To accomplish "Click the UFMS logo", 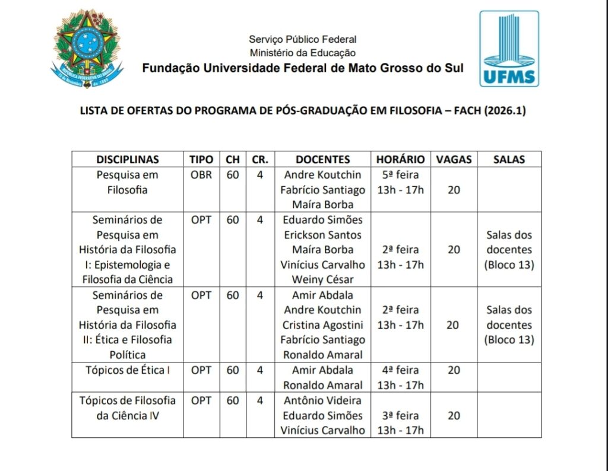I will point(509,49).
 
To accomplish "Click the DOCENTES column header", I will point(322,160).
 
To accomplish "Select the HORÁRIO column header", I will point(400,160).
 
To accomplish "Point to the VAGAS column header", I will point(454,160).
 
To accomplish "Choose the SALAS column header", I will point(509,160).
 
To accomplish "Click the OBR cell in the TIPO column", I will point(201,175).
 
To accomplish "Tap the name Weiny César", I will point(322,279).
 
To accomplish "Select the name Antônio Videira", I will point(322,400).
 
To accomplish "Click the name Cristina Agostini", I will point(322,325).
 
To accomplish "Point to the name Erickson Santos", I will point(322,235).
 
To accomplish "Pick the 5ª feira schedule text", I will point(400,175).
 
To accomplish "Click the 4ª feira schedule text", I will point(400,370).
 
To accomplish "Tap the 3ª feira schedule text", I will point(400,415).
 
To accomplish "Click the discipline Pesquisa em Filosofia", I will point(127,183).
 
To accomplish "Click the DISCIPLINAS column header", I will point(128,160).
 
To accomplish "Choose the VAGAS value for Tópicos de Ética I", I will point(454,370).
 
